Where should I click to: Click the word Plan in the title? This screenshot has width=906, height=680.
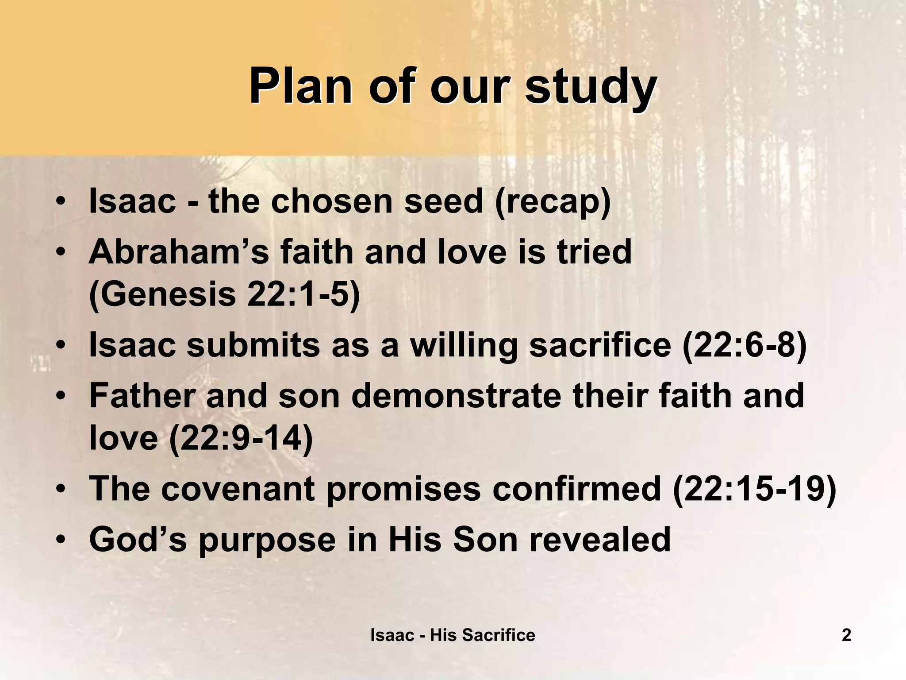[301, 86]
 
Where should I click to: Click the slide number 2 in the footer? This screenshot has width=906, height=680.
[846, 635]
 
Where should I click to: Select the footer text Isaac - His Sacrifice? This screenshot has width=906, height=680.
[453, 635]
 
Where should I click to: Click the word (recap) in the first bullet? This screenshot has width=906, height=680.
[553, 201]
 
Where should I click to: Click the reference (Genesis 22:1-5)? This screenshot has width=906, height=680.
[225, 294]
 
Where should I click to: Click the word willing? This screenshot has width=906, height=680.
[464, 345]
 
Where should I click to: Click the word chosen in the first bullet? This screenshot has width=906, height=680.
[332, 201]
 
